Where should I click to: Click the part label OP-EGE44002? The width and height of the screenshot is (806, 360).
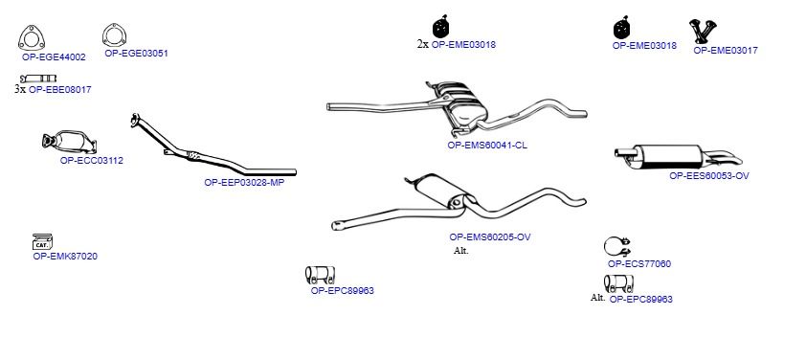(54, 57)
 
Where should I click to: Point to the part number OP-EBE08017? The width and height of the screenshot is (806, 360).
(59, 89)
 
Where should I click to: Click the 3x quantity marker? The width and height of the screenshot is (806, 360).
(20, 89)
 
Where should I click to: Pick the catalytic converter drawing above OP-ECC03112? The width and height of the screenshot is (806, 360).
(69, 142)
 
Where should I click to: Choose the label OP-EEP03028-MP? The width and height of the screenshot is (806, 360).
(244, 182)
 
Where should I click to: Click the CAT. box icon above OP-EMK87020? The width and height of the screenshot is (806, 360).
(43, 241)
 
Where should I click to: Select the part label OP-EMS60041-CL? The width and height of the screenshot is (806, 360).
(487, 145)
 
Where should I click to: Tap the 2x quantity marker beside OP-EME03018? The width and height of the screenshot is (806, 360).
(422, 44)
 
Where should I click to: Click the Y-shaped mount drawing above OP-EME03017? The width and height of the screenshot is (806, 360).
(703, 31)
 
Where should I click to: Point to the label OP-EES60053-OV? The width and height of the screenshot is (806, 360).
(709, 175)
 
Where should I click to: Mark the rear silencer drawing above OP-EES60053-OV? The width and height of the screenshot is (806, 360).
(678, 156)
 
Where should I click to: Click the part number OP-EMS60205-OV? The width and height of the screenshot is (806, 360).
(490, 237)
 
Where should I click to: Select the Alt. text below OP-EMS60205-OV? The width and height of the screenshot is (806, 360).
(461, 251)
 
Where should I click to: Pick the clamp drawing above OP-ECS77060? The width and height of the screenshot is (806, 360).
(616, 247)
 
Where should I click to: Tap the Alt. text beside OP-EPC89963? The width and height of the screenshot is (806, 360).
(598, 297)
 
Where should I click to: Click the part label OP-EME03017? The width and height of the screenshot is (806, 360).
(726, 51)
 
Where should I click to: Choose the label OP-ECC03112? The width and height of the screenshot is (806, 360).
(92, 161)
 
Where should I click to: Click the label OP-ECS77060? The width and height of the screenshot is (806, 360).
(638, 264)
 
